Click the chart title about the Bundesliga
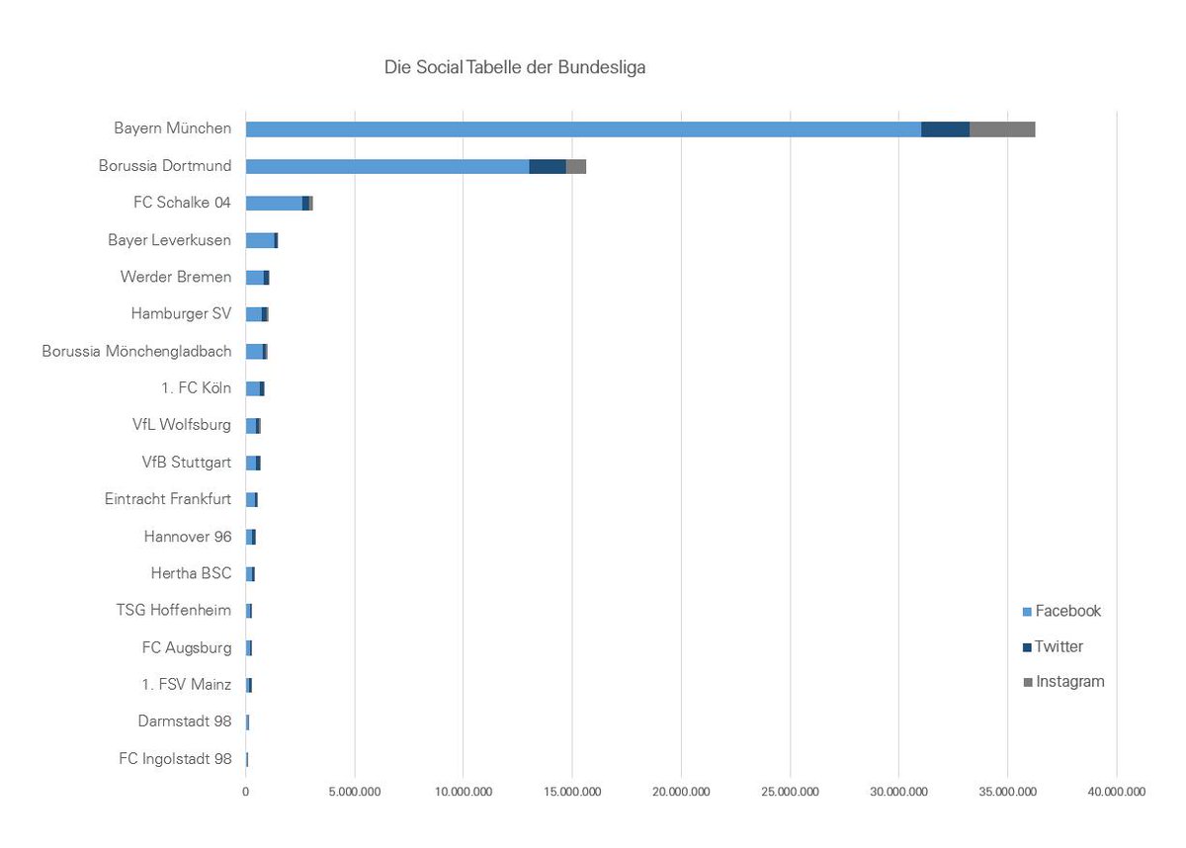pyautogui.click(x=514, y=68)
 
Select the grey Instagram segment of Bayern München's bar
pyautogui.click(x=1001, y=129)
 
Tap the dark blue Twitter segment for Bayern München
pyautogui.click(x=945, y=129)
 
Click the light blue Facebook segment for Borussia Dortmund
pyautogui.click(x=386, y=166)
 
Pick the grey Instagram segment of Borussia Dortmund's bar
pyautogui.click(x=576, y=166)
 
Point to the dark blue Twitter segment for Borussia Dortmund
pyautogui.click(x=548, y=166)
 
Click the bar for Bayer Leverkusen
pyautogui.click(x=260, y=240)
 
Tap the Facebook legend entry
pyautogui.click(x=1061, y=611)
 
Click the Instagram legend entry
pyautogui.click(x=1063, y=682)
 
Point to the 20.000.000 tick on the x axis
pyautogui.click(x=681, y=792)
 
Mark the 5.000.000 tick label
pyautogui.click(x=355, y=792)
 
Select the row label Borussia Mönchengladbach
pyautogui.click(x=136, y=351)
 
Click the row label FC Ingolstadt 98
pyautogui.click(x=175, y=759)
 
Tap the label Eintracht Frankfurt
pyautogui.click(x=168, y=499)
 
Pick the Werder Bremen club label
pyautogui.click(x=176, y=277)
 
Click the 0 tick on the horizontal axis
pyautogui.click(x=246, y=792)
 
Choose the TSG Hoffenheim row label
pyautogui.click(x=174, y=610)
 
